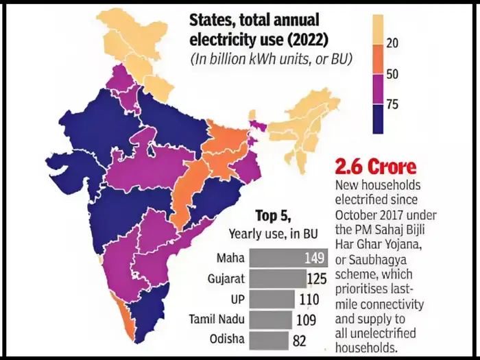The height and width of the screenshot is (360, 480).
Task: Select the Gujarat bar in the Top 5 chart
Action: tap(278, 279)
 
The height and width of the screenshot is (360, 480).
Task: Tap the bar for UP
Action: tap(272, 300)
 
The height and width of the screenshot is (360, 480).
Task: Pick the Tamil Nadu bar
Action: tap(272, 320)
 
